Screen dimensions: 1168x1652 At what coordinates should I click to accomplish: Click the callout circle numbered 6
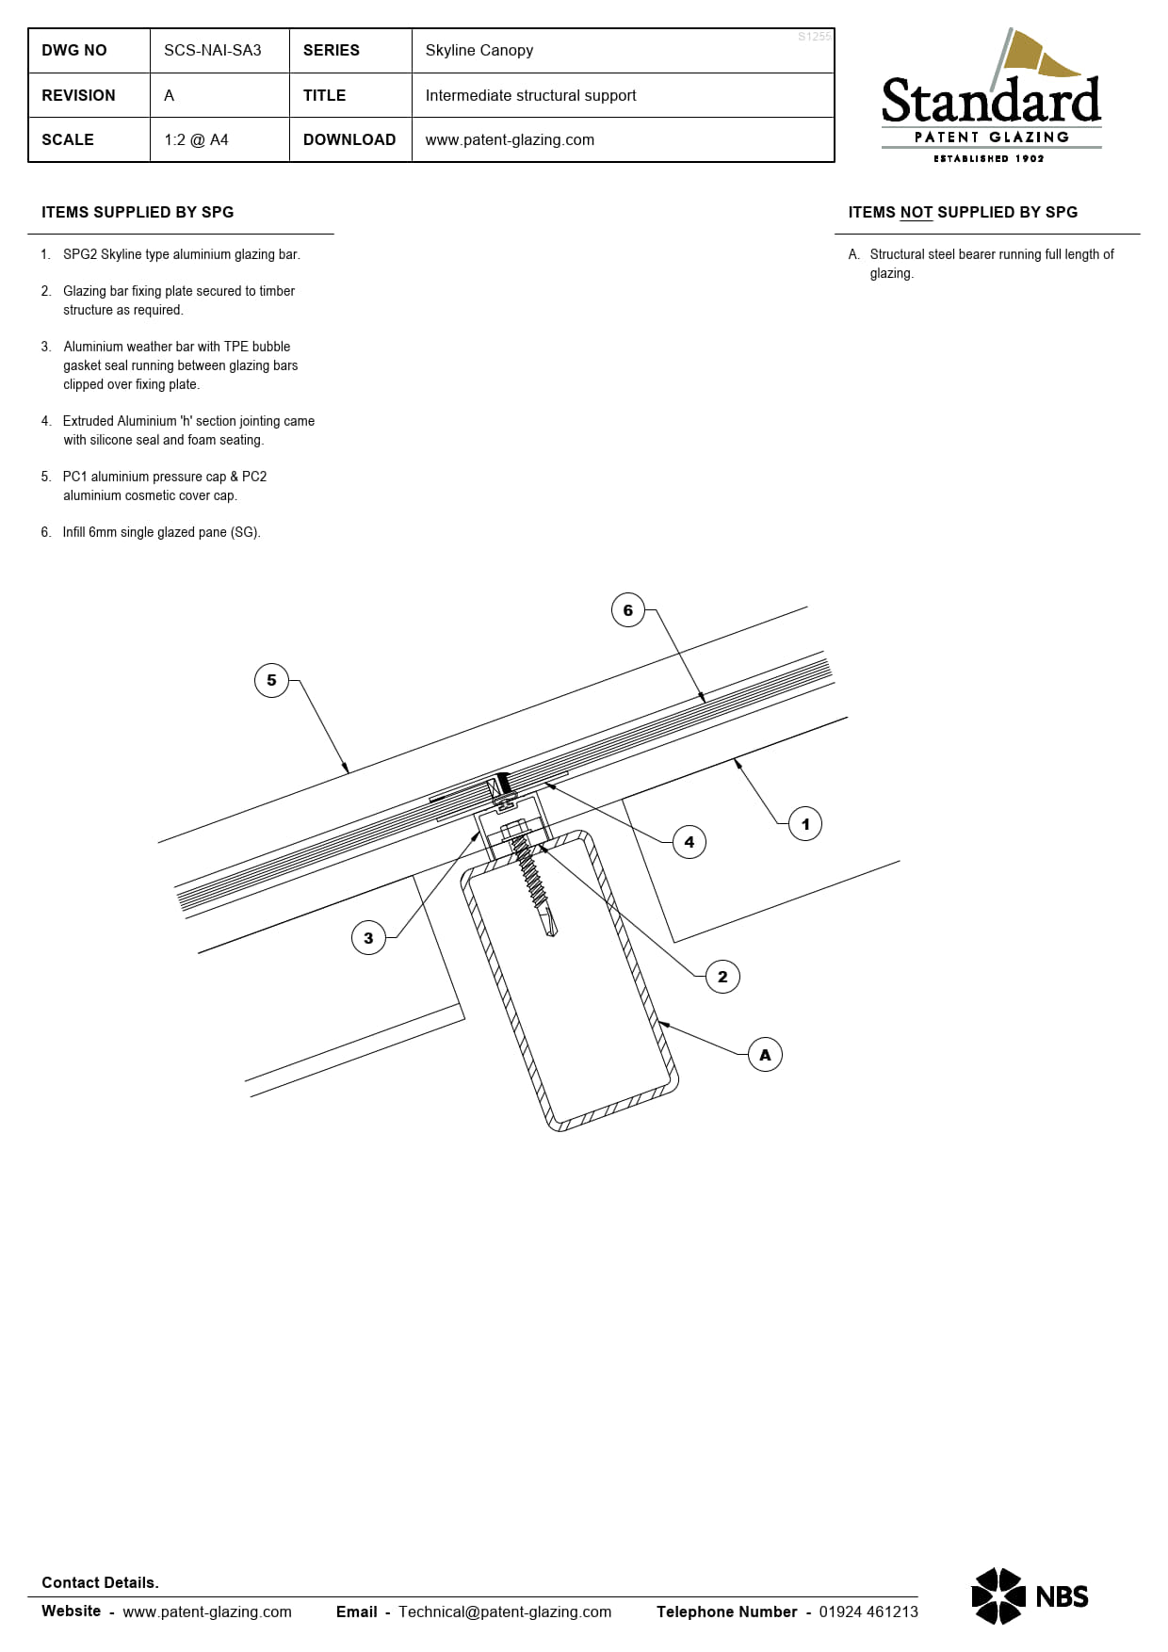628,610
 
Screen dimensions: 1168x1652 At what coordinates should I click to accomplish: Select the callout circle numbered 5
271,680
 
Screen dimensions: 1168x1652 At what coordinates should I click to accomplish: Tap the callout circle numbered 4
689,842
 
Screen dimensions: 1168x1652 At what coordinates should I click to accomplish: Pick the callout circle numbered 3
368,938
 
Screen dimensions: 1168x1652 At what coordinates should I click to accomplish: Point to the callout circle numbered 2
722,977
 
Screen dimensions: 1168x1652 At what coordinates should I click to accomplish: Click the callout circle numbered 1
805,824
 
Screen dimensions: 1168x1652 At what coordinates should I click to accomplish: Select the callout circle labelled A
765,1055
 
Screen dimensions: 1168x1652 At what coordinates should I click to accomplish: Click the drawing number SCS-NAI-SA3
213,50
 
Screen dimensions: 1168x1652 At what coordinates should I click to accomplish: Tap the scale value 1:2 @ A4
196,139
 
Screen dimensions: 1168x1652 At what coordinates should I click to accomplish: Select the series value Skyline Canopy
479,50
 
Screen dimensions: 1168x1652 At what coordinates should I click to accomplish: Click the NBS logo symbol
998,1596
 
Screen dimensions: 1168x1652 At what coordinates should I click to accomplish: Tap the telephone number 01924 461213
868,1612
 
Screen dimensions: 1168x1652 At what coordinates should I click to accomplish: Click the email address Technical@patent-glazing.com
505,1612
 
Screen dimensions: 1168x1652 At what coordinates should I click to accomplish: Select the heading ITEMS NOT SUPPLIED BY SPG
963,213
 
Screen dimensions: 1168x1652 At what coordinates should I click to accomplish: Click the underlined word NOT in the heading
916,213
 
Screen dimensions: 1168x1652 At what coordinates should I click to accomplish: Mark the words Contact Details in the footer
100,1582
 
